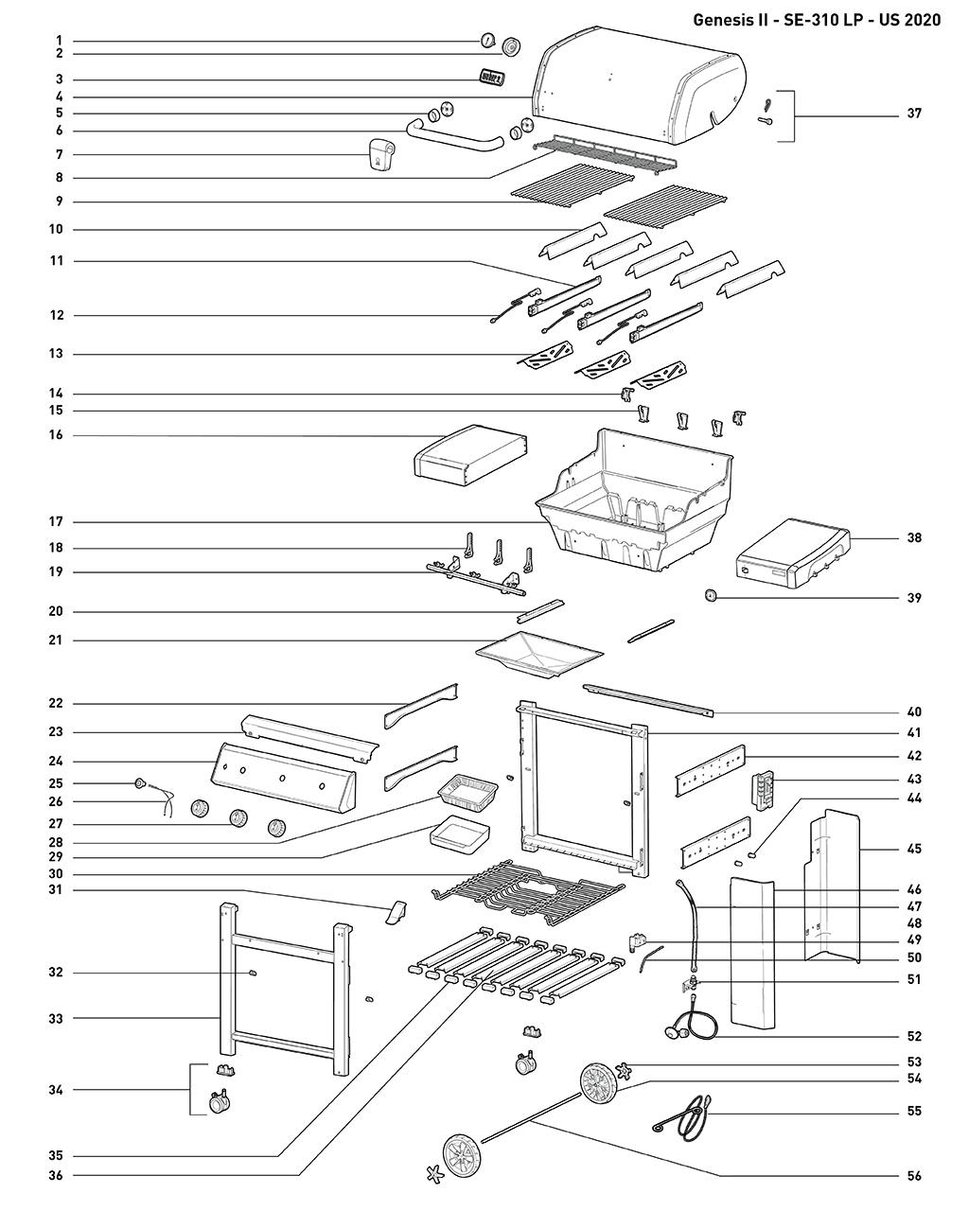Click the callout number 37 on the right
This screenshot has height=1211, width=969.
point(913,114)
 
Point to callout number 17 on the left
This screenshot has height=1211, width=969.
point(56,522)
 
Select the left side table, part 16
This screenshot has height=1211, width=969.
point(469,455)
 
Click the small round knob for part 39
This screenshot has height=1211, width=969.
point(711,596)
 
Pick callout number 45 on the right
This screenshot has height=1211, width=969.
point(913,849)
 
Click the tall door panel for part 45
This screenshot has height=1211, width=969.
point(833,885)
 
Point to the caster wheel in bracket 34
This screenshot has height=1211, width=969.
point(219,1102)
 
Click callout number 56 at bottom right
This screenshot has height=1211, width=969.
point(913,1176)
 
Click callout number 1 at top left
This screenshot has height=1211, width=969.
point(59,41)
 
